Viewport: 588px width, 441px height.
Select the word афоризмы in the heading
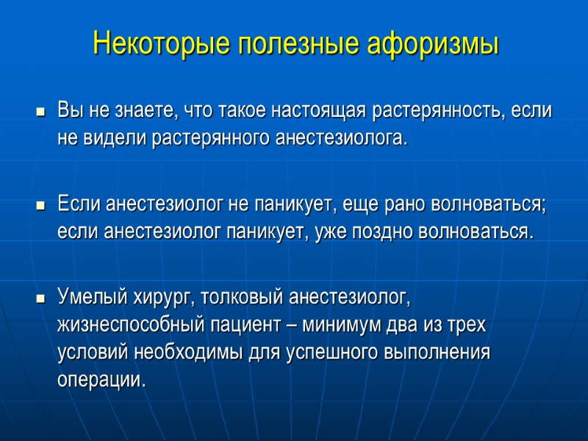[x=430, y=44]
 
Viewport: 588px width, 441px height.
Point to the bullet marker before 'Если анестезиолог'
[x=40, y=207]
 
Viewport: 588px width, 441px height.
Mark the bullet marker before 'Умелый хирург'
[x=40, y=299]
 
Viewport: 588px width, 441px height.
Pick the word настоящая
[x=319, y=112]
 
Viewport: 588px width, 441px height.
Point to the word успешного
[x=331, y=351]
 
